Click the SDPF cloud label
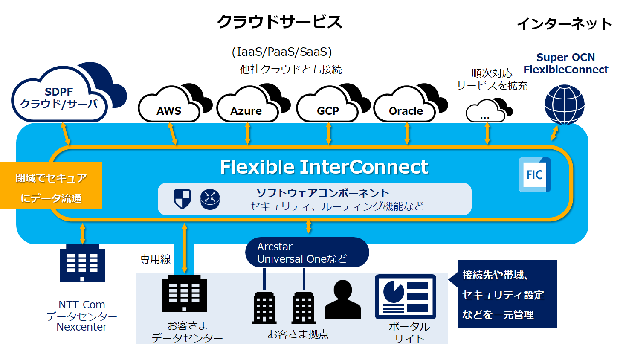tap(59, 98)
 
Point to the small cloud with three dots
tap(485, 112)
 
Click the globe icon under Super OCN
tap(564, 105)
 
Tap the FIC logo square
tap(534, 174)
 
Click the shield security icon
tap(182, 199)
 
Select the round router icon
tap(210, 199)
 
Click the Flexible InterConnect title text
tap(324, 167)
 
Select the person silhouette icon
tap(342, 300)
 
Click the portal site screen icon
tap(405, 297)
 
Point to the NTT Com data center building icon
tap(82, 263)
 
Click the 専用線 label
tap(155, 259)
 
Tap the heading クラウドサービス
tap(280, 22)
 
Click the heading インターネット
tap(564, 24)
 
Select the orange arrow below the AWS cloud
tap(173, 134)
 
